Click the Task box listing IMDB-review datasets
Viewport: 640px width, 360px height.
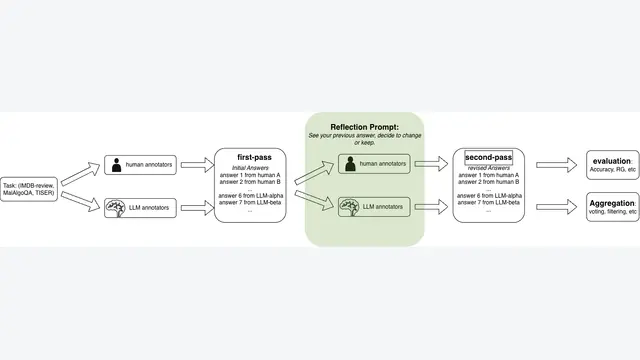click(x=29, y=189)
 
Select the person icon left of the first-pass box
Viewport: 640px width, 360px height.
click(x=116, y=165)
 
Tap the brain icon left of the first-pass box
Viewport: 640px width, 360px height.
click(x=116, y=208)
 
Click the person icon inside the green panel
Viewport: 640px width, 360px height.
click(x=350, y=164)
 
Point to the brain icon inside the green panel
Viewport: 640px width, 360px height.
click(x=350, y=207)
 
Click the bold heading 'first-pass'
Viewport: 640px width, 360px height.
click(x=254, y=157)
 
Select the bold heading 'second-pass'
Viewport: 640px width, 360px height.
click(x=489, y=157)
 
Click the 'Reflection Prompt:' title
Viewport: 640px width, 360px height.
click(x=364, y=127)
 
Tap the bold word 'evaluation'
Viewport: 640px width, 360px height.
click(x=611, y=161)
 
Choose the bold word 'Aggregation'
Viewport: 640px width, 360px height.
click(x=612, y=203)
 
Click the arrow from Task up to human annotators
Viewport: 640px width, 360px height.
click(x=80, y=174)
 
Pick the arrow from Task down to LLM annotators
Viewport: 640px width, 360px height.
click(x=80, y=201)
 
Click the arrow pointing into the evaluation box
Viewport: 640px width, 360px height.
click(x=556, y=165)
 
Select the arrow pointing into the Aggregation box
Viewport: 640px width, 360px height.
click(x=556, y=207)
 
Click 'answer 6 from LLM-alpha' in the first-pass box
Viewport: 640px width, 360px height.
click(x=251, y=196)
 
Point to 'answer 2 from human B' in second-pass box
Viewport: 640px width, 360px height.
click(x=489, y=182)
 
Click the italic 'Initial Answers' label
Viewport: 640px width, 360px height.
click(x=250, y=168)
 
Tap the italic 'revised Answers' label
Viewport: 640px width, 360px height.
click(x=489, y=168)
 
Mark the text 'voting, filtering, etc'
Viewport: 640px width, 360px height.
click(x=613, y=212)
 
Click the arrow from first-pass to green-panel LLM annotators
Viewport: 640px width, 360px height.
click(x=314, y=200)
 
